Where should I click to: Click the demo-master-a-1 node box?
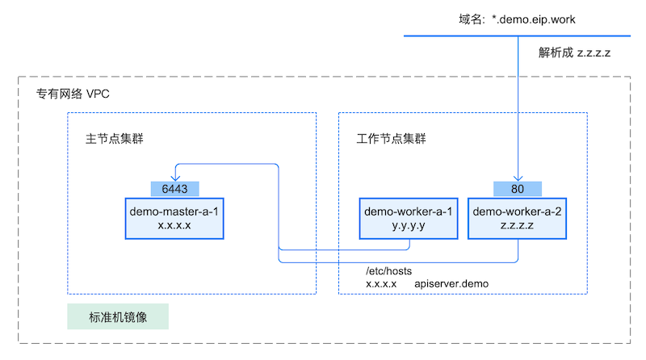click(x=174, y=218)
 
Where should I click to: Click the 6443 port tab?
click(x=174, y=188)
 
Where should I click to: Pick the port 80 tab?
click(x=517, y=188)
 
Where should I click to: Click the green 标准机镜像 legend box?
click(x=117, y=317)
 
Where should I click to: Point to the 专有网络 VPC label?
click(x=73, y=94)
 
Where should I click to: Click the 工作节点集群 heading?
click(x=391, y=138)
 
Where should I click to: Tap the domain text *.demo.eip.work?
click(x=534, y=19)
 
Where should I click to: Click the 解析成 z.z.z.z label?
click(x=575, y=52)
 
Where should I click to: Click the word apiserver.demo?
click(x=451, y=284)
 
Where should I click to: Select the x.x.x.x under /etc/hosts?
click(x=381, y=284)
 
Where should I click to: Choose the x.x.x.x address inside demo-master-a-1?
click(x=174, y=225)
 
